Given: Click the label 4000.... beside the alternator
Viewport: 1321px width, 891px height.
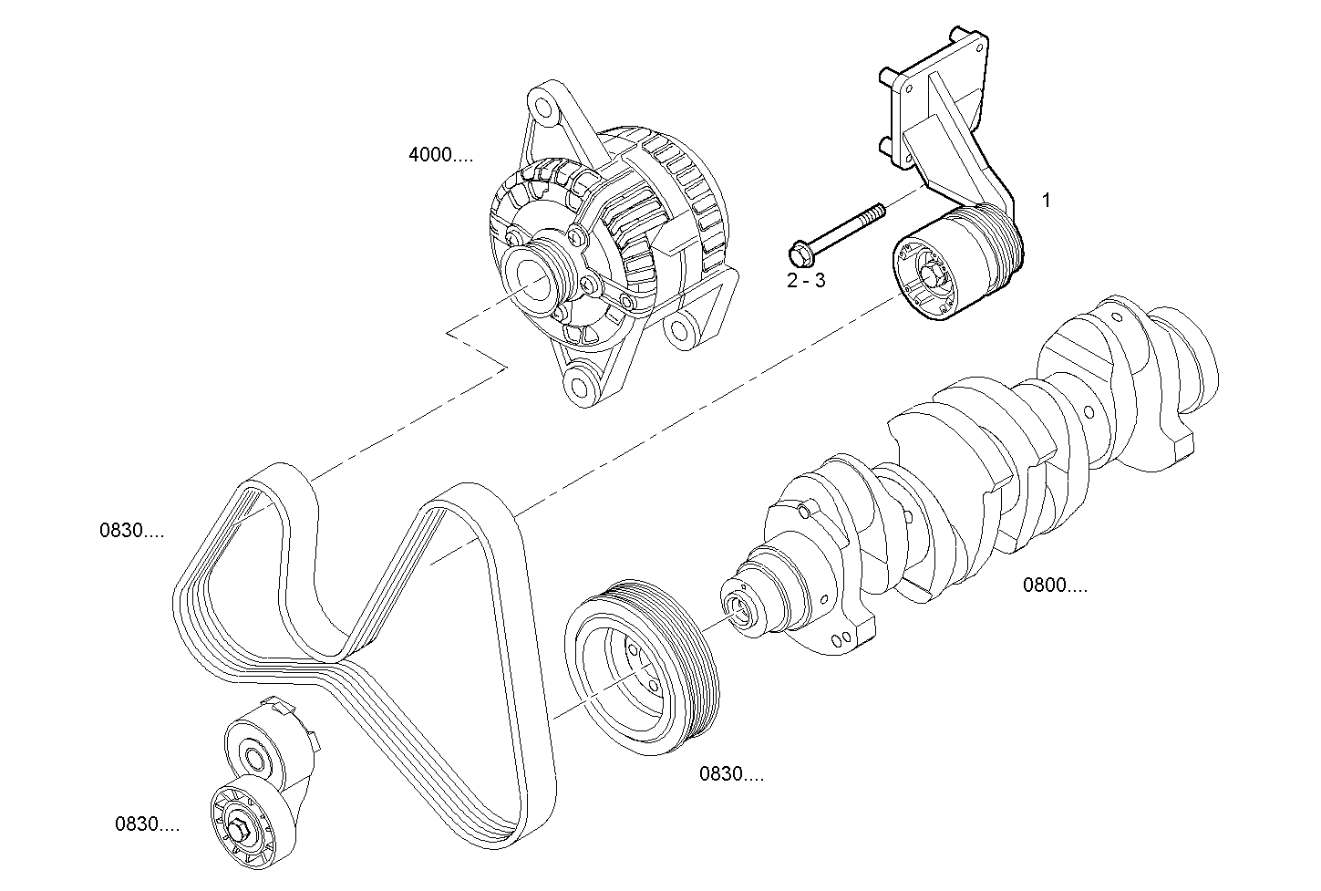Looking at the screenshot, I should click(x=440, y=155).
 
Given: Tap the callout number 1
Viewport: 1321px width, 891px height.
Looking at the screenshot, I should click(x=1046, y=200).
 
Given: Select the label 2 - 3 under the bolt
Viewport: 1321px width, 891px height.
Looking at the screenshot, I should click(x=806, y=280).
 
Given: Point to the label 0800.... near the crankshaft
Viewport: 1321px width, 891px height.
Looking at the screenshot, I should click(x=1055, y=585).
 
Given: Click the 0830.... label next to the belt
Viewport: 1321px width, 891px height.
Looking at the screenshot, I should click(x=132, y=530).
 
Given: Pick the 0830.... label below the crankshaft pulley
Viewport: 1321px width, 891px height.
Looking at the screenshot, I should click(x=731, y=774).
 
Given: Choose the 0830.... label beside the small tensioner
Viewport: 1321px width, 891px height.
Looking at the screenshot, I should click(x=147, y=824).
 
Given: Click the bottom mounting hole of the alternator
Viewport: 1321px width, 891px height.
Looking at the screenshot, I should click(x=577, y=382).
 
